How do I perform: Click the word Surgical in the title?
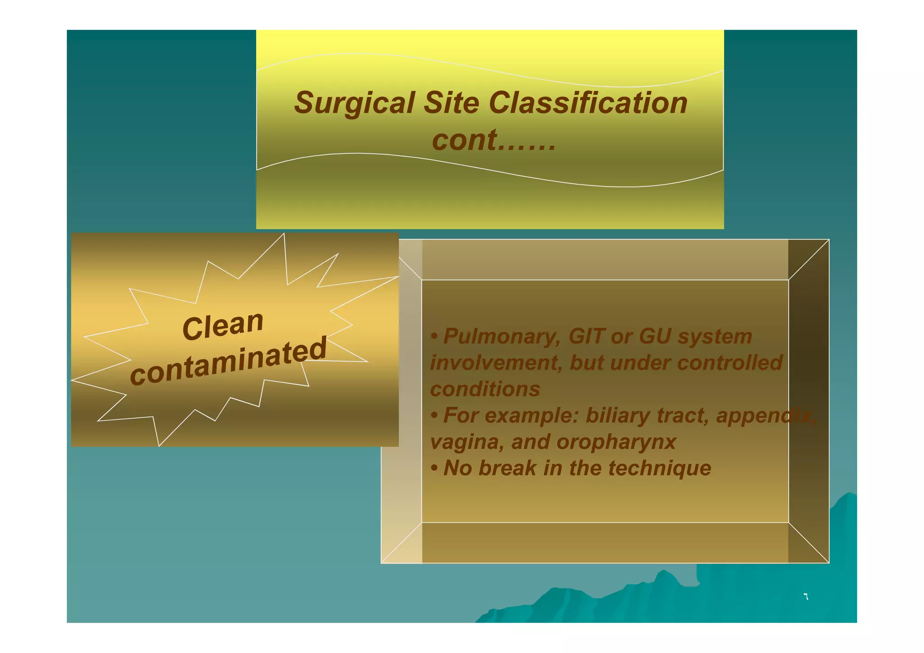pyautogui.click(x=354, y=103)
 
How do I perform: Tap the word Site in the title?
pyautogui.click(x=451, y=102)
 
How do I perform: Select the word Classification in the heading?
pyautogui.click(x=588, y=102)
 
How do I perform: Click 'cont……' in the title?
pyautogui.click(x=494, y=140)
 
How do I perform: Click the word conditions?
pyautogui.click(x=485, y=389)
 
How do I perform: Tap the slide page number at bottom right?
pyautogui.click(x=806, y=597)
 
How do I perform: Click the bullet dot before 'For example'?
pyautogui.click(x=434, y=415)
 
